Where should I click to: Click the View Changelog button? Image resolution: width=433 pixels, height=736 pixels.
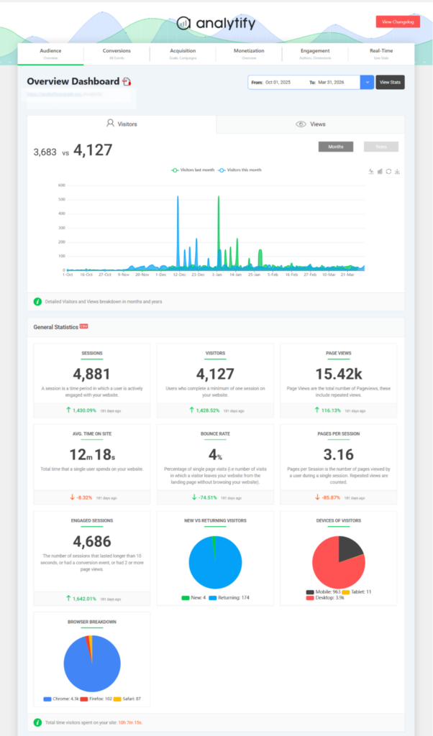point(398,22)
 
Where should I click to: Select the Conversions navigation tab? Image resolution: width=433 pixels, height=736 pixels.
point(117,53)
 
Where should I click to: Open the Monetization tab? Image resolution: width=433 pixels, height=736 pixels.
point(249,53)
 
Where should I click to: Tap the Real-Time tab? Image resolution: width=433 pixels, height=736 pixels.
point(380,53)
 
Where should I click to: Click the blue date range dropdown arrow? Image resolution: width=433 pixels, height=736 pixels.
point(368,83)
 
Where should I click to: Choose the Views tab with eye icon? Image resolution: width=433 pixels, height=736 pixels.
point(311,124)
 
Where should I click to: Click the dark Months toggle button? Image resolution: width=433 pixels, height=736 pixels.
point(336,147)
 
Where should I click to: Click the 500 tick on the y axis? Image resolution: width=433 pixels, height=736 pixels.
point(62,199)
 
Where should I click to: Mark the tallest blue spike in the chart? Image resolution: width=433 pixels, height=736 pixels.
point(178,198)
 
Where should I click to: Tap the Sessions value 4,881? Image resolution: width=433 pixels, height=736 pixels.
point(92,374)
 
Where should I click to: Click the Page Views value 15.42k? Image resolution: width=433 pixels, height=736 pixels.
point(338,374)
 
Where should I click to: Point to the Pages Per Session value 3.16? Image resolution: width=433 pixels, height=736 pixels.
point(338,454)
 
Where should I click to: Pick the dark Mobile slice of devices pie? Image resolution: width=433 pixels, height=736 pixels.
point(350,548)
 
